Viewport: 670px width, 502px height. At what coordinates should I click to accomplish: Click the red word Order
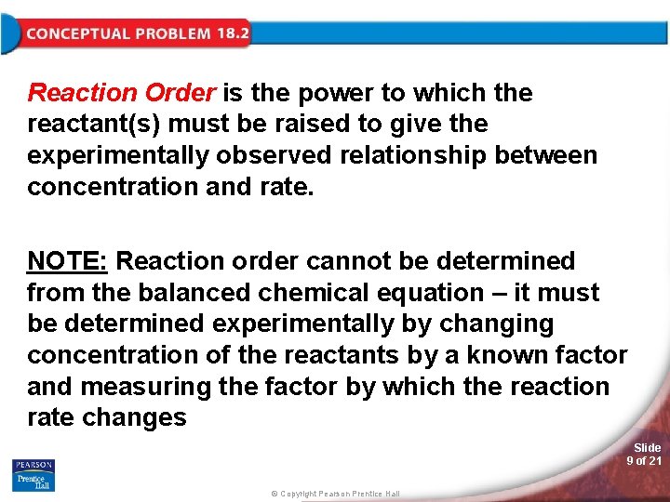click(x=181, y=93)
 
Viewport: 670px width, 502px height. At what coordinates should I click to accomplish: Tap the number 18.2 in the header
click(x=233, y=33)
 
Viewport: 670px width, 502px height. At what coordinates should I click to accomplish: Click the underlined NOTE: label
click(x=67, y=261)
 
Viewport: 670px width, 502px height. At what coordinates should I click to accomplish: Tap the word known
click(x=527, y=355)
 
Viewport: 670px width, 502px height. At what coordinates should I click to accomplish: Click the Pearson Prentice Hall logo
click(x=33, y=474)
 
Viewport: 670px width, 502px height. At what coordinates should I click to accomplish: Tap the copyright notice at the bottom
click(x=335, y=494)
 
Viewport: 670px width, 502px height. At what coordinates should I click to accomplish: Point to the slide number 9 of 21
click(x=644, y=461)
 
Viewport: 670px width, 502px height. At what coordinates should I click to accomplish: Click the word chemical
click(x=312, y=293)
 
